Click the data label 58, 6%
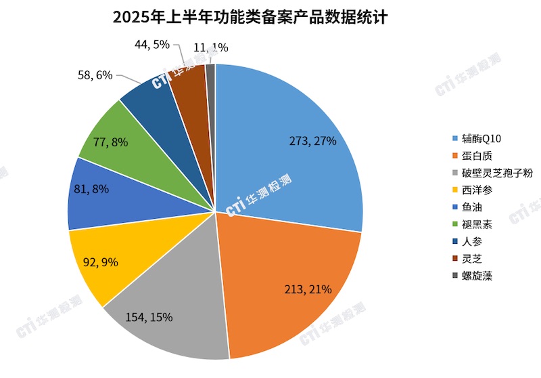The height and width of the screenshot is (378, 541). pyautogui.click(x=95, y=76)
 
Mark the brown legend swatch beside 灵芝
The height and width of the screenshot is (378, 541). pyautogui.click(x=455, y=259)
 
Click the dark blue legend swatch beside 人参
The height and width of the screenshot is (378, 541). pyautogui.click(x=455, y=242)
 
